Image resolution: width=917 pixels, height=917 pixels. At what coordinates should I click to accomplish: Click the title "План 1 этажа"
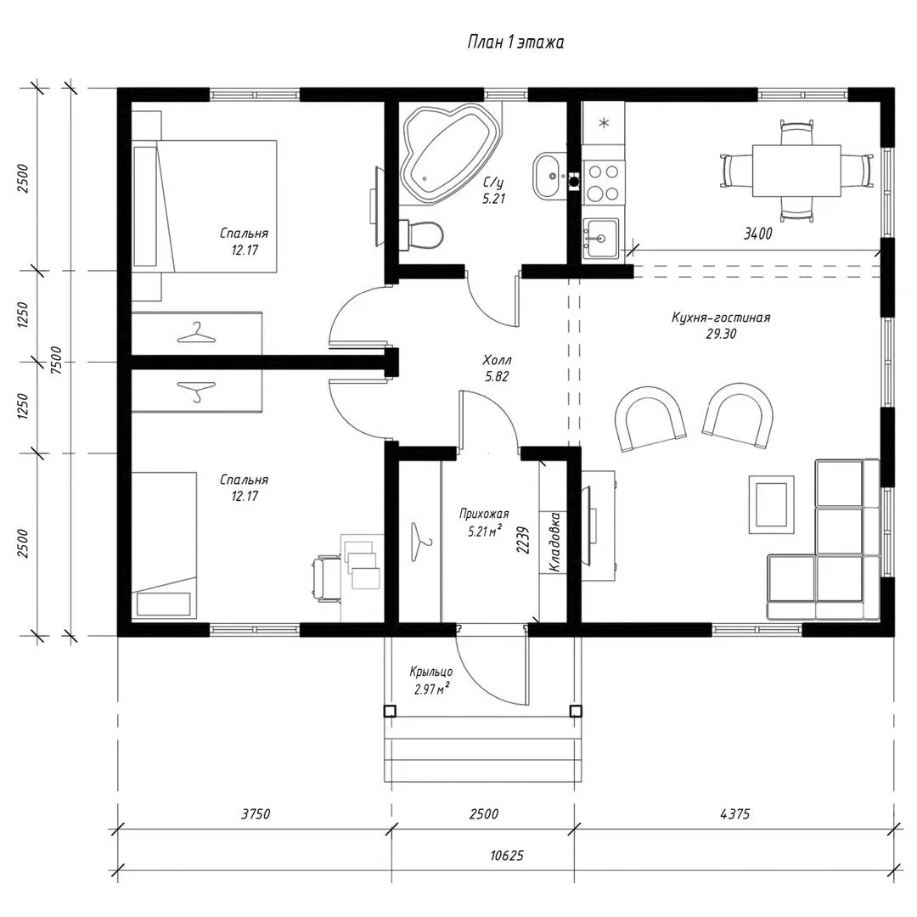point(516,42)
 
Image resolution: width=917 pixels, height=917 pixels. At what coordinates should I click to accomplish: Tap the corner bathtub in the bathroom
point(449,149)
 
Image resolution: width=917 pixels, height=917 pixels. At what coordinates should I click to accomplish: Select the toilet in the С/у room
point(421,234)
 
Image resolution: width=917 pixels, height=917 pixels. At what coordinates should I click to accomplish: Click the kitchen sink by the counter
point(600,238)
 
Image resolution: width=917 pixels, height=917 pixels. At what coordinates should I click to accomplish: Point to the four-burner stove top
point(604,183)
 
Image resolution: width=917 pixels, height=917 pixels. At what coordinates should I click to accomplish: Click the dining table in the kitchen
point(796,171)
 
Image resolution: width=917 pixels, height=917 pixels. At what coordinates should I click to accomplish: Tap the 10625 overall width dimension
point(506,856)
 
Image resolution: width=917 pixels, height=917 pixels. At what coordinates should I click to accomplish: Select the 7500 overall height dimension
point(55,361)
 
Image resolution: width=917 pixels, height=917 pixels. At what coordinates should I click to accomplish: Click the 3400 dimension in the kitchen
point(758,234)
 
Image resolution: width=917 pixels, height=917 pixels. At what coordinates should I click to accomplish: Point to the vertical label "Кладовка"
point(554,542)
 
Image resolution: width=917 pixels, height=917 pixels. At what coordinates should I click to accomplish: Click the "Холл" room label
point(497,360)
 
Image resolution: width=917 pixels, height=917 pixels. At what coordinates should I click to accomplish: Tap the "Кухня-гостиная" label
point(721,318)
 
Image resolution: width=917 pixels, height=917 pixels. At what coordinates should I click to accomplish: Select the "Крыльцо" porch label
point(431,672)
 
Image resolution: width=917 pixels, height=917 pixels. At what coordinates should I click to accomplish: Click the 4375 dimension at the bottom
point(734,813)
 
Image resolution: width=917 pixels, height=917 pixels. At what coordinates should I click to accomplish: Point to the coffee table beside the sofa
point(772,504)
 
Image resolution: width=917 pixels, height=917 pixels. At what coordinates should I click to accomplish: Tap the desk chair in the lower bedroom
point(327,580)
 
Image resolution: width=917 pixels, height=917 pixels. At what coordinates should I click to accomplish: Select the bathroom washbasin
point(549,176)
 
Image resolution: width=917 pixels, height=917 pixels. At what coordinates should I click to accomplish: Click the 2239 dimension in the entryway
point(523,541)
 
